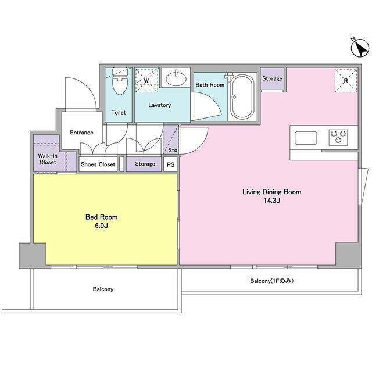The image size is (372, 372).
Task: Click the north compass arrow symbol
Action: pos(360,48)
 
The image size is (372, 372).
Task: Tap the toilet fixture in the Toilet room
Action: pos(120,81)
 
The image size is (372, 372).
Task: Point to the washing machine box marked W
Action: pos(146,80)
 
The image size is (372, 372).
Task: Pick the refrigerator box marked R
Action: pos(346,80)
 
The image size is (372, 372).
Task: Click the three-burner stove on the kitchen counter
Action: pos(338,137)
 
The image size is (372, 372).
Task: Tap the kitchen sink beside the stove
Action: pos(306,138)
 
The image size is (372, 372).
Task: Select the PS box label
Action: pos(170,164)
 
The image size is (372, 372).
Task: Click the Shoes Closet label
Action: pos(98,164)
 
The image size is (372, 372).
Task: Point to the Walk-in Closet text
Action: pos(48,159)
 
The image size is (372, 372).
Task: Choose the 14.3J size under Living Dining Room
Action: pos(272,201)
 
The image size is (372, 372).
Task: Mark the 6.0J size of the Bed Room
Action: pos(101,226)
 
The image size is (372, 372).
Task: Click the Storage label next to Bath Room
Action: pos(272,78)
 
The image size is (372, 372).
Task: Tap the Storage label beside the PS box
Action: pos(145,164)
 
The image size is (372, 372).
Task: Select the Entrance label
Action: pos(81,132)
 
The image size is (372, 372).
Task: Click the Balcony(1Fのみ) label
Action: pos(272,281)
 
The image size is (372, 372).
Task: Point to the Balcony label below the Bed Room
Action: pos(103,289)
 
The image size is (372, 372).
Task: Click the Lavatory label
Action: pos(160,105)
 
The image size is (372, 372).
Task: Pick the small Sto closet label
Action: pos(173,150)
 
